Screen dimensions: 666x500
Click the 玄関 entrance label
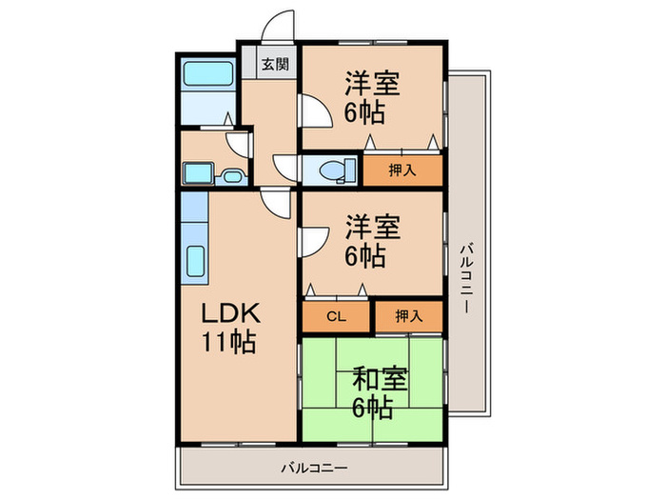275,64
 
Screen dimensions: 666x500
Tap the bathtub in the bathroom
208,73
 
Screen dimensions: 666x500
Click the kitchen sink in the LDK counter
196,261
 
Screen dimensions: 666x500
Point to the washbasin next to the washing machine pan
231,176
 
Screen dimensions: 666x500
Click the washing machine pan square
198,173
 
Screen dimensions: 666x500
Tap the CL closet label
337,316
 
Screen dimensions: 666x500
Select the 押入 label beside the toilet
402,170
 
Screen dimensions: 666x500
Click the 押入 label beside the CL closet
408,316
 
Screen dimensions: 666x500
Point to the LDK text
230,313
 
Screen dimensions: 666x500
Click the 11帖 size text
229,341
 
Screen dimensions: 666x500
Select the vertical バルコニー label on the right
467,278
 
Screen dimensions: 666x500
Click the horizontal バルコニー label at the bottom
314,469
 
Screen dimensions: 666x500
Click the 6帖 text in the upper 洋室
364,112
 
